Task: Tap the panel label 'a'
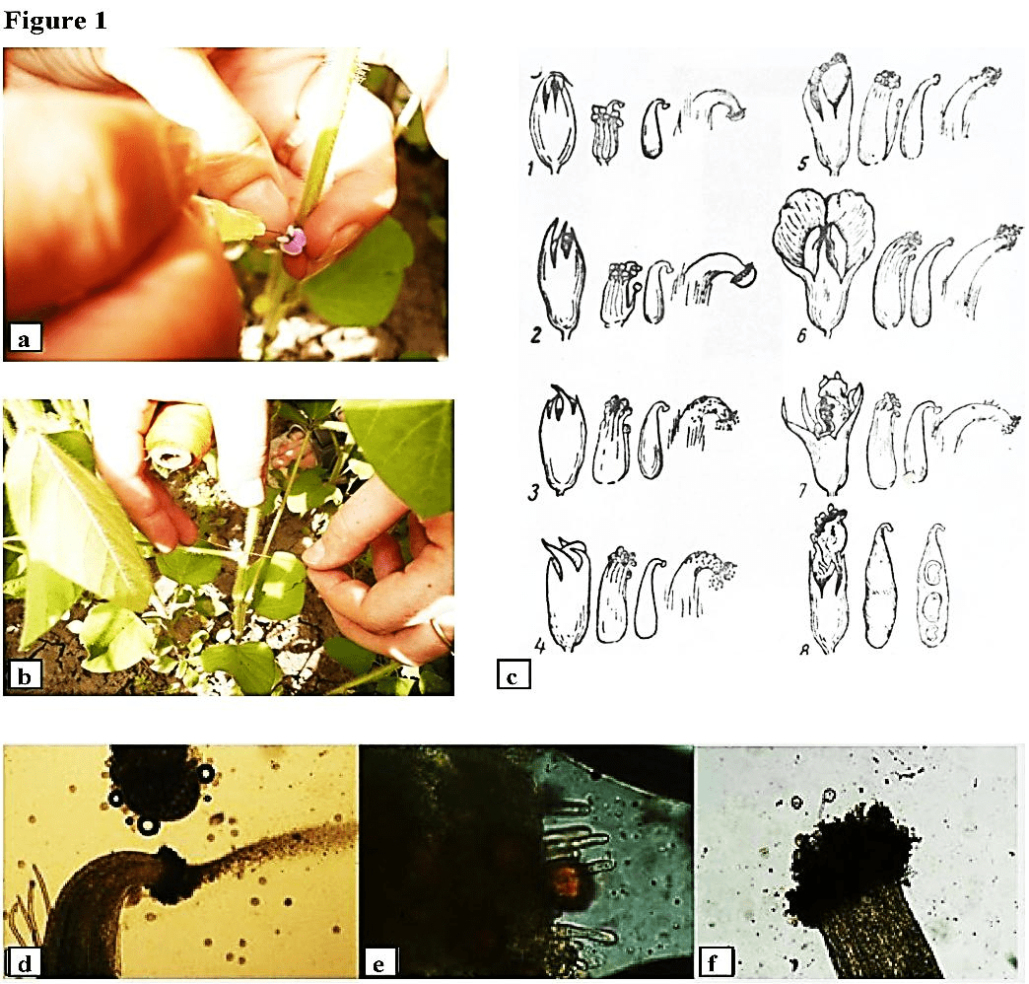(23, 340)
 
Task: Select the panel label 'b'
(23, 675)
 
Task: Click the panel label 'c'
(514, 675)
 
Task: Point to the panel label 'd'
(21, 961)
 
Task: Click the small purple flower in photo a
(294, 242)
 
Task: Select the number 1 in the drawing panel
(529, 170)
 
